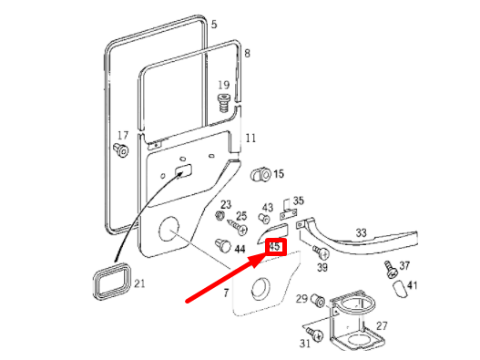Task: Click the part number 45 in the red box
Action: pos(275,245)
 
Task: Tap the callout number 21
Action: pos(139,283)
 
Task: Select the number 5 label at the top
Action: pos(214,24)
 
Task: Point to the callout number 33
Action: pos(362,233)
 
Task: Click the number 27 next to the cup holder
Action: pos(382,325)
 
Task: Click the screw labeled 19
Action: pos(222,101)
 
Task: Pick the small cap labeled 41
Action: pos(398,290)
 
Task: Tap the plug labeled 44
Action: pos(221,245)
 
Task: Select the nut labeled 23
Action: pos(220,217)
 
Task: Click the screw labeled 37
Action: pos(389,269)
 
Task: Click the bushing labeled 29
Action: pos(317,300)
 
